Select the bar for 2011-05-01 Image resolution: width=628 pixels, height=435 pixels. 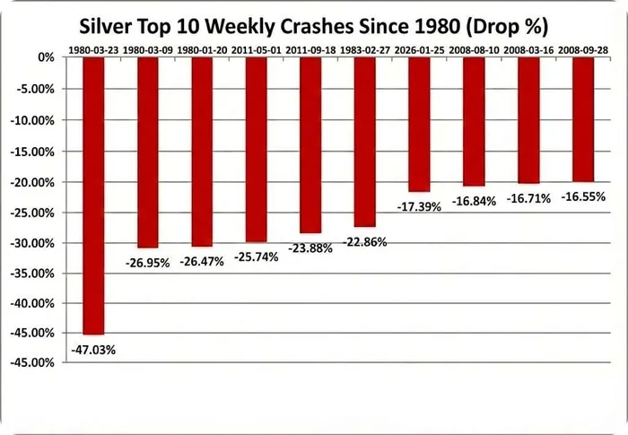(256, 149)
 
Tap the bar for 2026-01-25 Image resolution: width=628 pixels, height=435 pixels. (418, 124)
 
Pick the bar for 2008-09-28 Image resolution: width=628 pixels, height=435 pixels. (583, 119)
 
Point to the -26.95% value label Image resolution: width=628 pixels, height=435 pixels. (147, 264)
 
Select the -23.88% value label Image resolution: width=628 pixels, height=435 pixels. (310, 248)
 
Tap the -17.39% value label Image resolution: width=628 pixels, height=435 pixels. (419, 206)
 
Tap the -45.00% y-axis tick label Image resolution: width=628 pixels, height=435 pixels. (34, 363)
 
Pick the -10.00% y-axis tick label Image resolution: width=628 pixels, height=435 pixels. (34, 119)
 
